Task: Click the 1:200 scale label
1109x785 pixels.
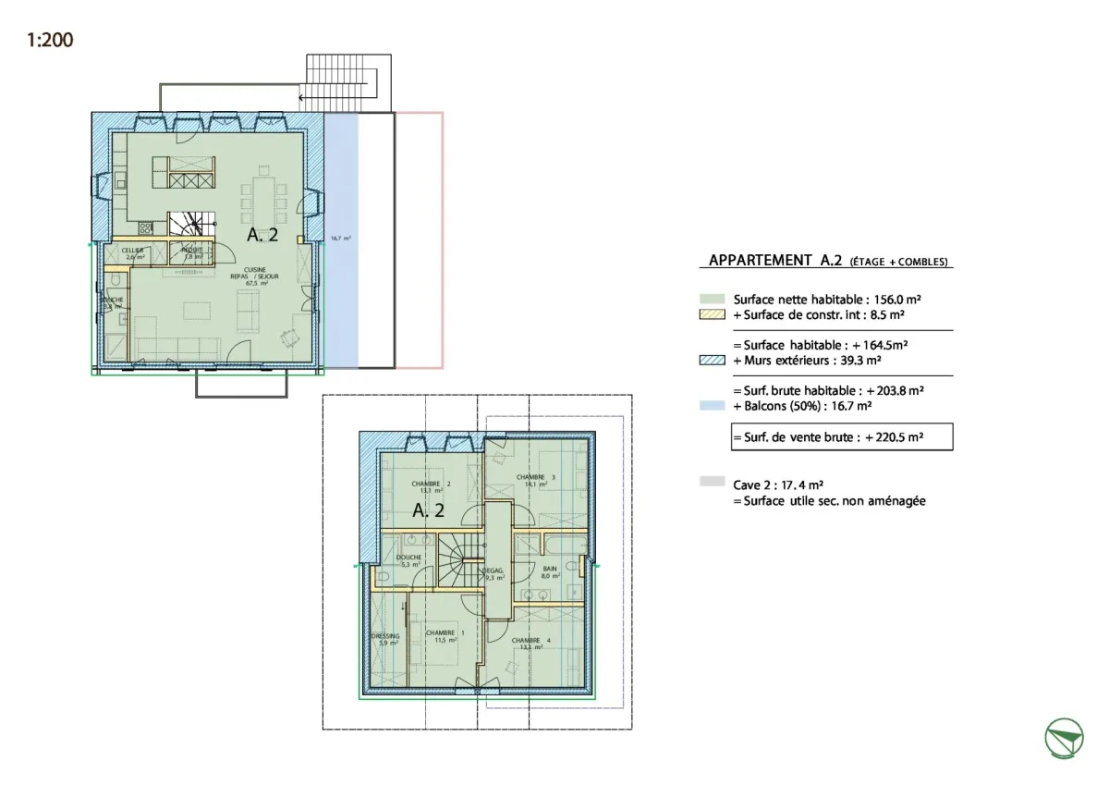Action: coord(50,40)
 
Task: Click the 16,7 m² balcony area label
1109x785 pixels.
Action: coord(340,239)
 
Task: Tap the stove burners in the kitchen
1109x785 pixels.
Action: coord(145,227)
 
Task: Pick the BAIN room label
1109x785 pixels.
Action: coord(550,570)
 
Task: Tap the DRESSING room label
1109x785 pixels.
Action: coord(385,637)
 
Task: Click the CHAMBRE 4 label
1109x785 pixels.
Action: coord(525,642)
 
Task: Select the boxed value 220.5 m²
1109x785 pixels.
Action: coord(896,437)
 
